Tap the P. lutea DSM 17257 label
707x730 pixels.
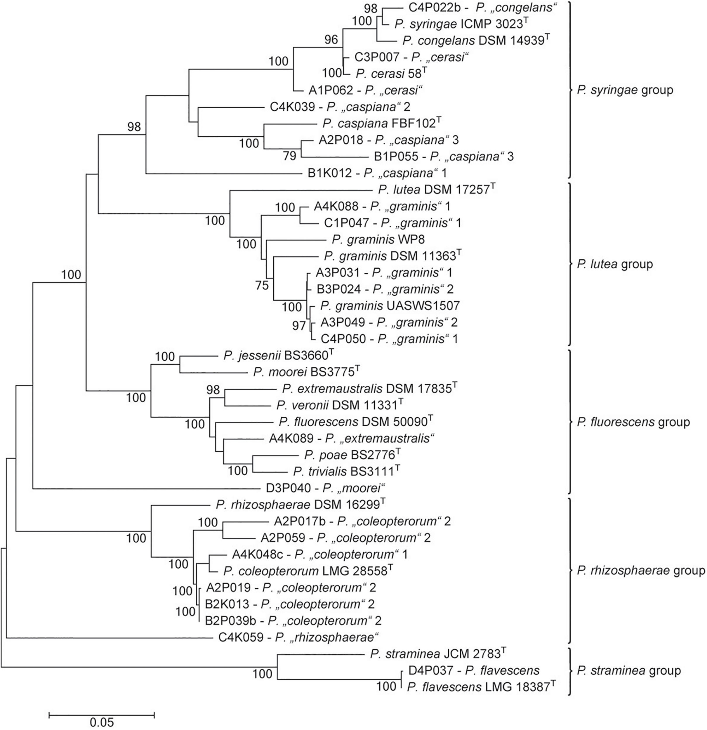pos(436,190)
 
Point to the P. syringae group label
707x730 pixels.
pos(625,90)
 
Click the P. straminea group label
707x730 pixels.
pos(629,670)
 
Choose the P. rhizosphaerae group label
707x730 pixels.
pos(641,571)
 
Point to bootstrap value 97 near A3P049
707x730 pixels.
pos(299,326)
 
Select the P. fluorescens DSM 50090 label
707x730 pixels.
pos(356,422)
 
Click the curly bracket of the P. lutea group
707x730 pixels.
pos(569,264)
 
